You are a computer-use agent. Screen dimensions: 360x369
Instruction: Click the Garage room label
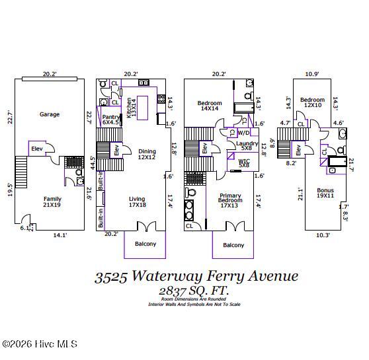coord(49,114)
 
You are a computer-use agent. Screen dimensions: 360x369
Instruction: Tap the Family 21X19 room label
coord(52,201)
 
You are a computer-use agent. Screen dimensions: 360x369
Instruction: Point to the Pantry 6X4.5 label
coord(111,120)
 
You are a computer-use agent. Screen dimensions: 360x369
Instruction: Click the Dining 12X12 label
coord(146,154)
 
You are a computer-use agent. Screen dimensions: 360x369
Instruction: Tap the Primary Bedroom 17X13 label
coord(229,201)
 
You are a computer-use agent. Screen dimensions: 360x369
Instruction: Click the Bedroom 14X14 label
coord(209,106)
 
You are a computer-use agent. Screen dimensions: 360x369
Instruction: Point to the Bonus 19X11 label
coord(325,193)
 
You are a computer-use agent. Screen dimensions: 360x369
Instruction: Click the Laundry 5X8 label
coord(247,146)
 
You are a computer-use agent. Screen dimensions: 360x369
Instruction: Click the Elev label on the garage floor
coord(37,149)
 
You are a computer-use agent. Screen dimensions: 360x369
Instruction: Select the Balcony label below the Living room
coord(145,244)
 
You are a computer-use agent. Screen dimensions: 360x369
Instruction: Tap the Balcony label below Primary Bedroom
coord(233,245)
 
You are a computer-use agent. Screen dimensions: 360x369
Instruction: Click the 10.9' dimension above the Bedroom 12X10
coord(312,74)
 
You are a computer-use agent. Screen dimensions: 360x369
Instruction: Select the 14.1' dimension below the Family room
coord(60,234)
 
